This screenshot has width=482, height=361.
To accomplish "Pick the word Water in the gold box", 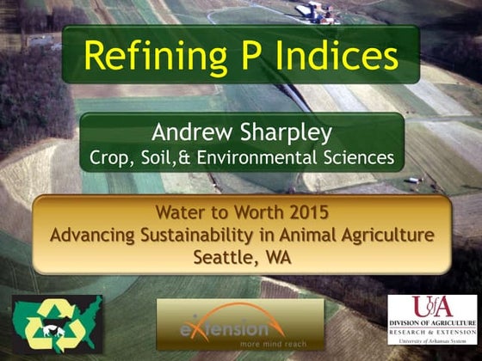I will [x=181, y=211].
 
